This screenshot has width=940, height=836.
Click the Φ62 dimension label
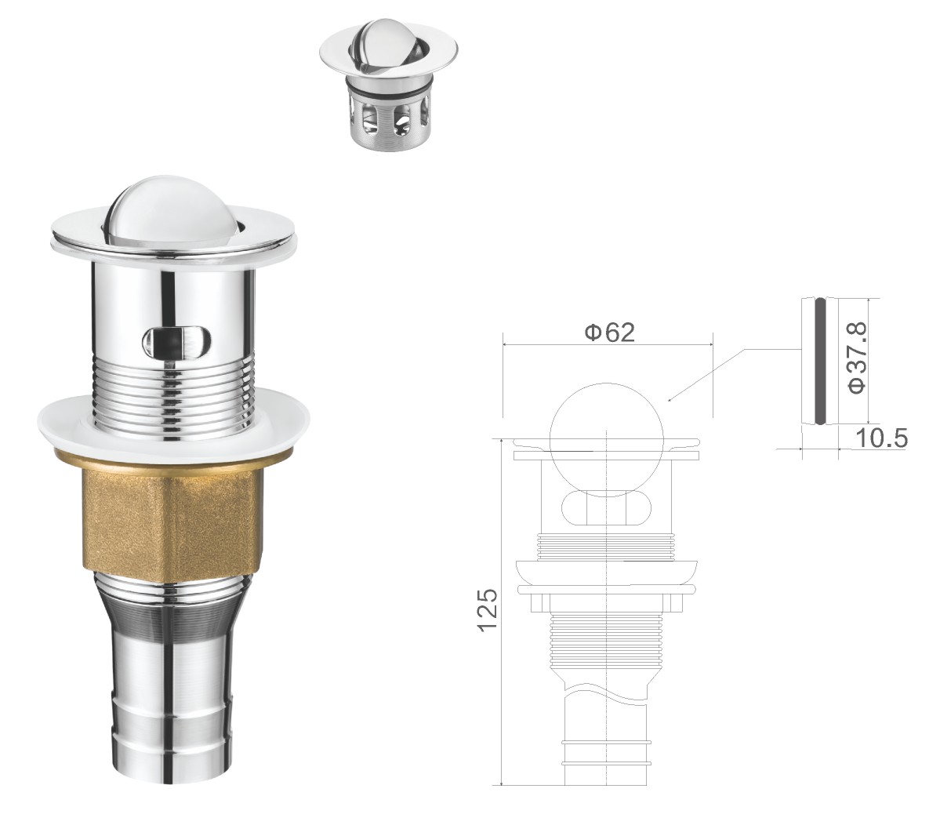609,332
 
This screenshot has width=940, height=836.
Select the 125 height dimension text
488,609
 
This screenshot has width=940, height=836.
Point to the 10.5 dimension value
880,438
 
